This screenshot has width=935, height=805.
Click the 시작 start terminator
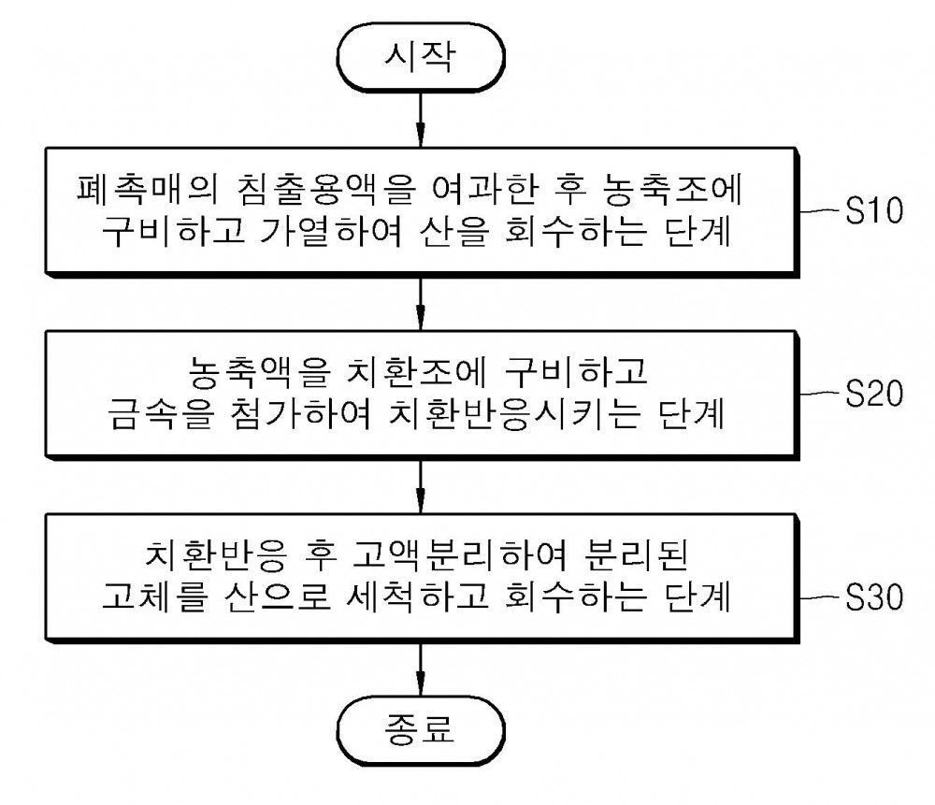tap(421, 57)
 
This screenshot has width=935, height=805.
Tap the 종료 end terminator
tap(421, 730)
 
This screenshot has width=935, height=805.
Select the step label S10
tap(874, 210)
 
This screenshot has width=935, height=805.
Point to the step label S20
tap(874, 394)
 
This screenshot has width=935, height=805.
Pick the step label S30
tap(874, 597)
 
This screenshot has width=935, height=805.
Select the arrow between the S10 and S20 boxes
tap(421, 304)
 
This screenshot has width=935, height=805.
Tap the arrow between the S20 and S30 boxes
tap(421, 487)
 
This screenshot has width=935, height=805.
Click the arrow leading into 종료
tap(421, 669)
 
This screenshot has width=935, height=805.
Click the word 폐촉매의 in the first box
tap(148, 189)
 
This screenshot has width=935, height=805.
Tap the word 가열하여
tap(332, 231)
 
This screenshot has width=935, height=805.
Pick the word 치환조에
tap(417, 372)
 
